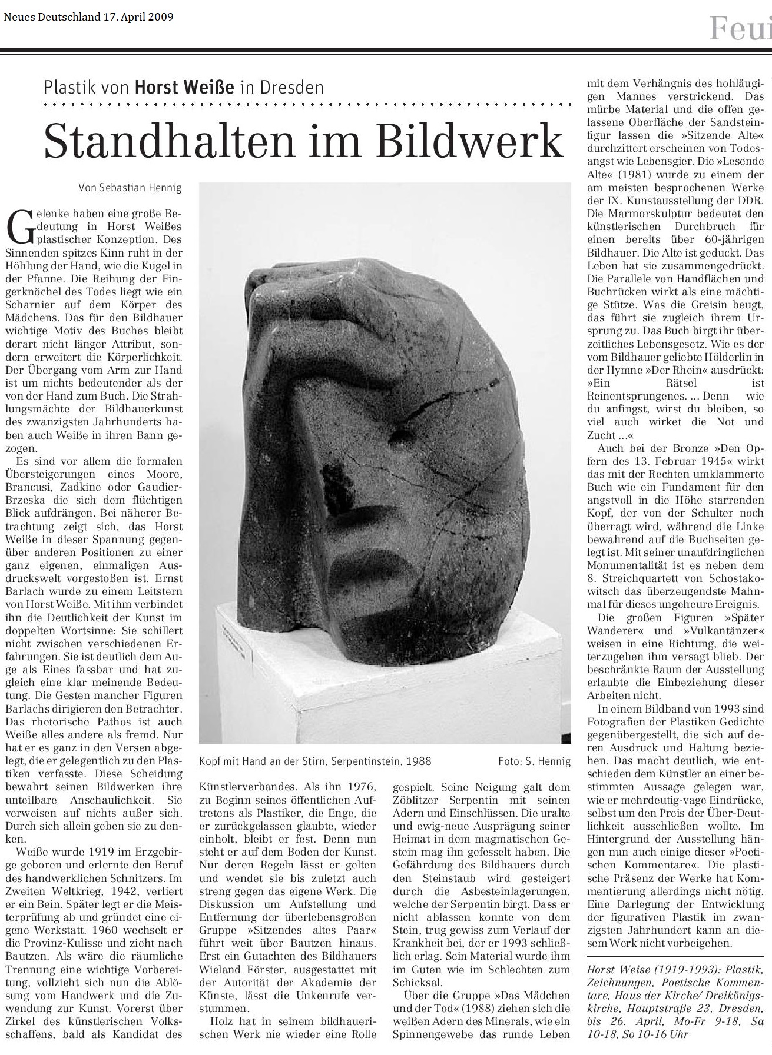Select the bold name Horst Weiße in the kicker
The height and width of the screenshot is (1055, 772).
coord(184,88)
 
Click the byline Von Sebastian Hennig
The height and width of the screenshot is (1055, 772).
coord(130,188)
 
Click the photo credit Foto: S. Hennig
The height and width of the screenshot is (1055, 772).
coord(534,761)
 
